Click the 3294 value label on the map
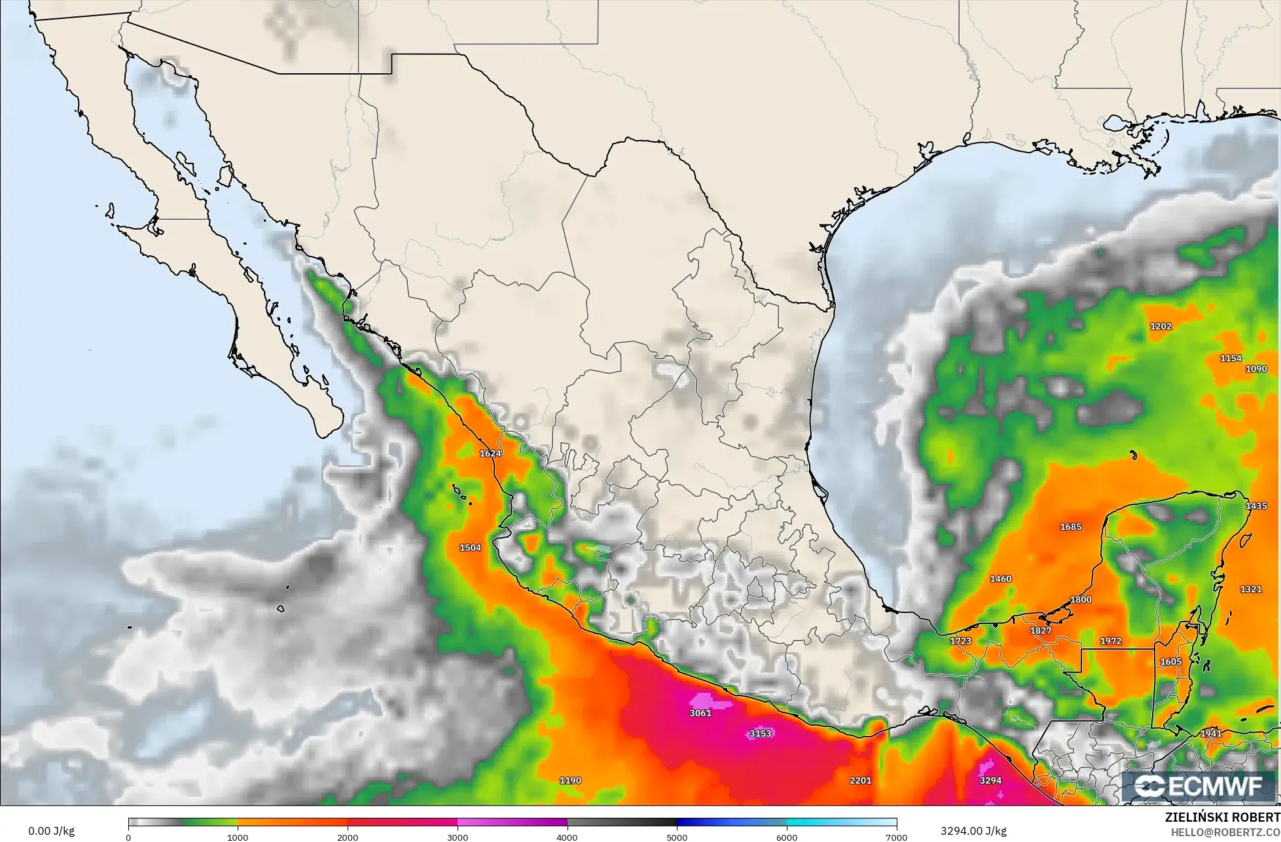[x=990, y=780]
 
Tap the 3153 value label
[x=760, y=733]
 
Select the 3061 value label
[x=700, y=712]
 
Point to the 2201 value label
[x=861, y=780]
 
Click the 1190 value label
[x=570, y=780]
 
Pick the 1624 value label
[x=490, y=453]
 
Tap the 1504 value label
[x=470, y=548]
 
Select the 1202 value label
[x=1161, y=326]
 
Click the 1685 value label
[x=1070, y=527]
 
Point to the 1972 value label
[x=1111, y=640]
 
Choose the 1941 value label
[x=1211, y=733]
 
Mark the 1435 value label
[x=1256, y=506]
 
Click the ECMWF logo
[x=1199, y=786]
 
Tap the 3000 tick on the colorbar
[x=458, y=837]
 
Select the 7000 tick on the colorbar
[x=896, y=837]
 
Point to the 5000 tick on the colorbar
[x=677, y=837]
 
